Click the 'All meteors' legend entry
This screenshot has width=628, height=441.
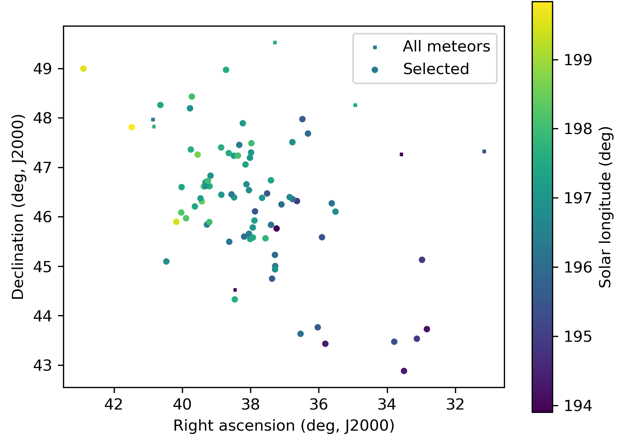446,47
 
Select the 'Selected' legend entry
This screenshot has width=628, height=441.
436,69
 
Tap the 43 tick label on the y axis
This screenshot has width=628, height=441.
43,365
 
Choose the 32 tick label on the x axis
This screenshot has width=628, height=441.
455,404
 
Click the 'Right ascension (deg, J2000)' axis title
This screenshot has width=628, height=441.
284,426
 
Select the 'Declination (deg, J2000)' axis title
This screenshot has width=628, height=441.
18,207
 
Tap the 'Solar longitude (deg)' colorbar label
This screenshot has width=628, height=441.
605,207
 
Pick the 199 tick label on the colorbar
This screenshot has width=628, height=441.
578,60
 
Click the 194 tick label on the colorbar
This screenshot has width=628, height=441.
578,406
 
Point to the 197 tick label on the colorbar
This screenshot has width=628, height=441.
578,198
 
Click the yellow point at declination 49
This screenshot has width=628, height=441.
83,69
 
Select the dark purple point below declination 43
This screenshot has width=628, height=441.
404,371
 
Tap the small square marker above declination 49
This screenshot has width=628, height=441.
275,43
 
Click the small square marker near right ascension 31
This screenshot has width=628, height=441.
484,151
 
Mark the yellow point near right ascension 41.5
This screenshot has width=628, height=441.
132,127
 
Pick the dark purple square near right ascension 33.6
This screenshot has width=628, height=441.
401,154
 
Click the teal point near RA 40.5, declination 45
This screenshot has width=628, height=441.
166,261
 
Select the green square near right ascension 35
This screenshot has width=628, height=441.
355,105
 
